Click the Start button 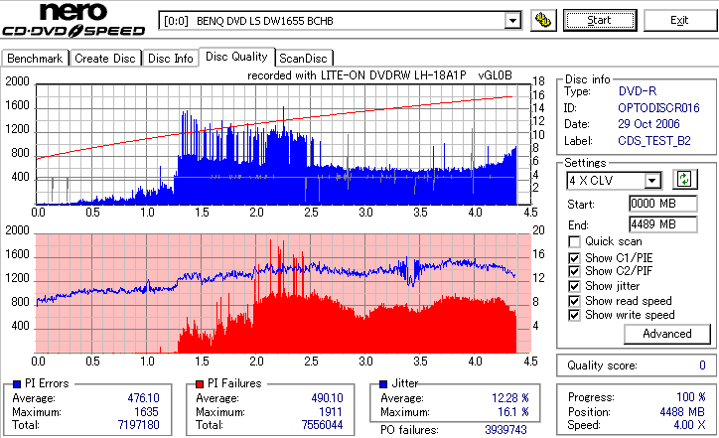coord(599,20)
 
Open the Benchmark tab coord(36,59)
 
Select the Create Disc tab coord(105,59)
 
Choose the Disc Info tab coord(171,59)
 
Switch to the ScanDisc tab coord(304,59)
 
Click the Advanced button coord(639,334)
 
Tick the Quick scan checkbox coord(575,241)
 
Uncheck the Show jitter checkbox coord(575,286)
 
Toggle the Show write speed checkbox coord(575,315)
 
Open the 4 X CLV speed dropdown coord(652,180)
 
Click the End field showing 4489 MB coord(651,224)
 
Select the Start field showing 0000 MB coord(651,204)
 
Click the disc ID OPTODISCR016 coord(659,107)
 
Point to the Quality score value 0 coord(701,365)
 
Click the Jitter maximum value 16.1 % coord(509,412)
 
